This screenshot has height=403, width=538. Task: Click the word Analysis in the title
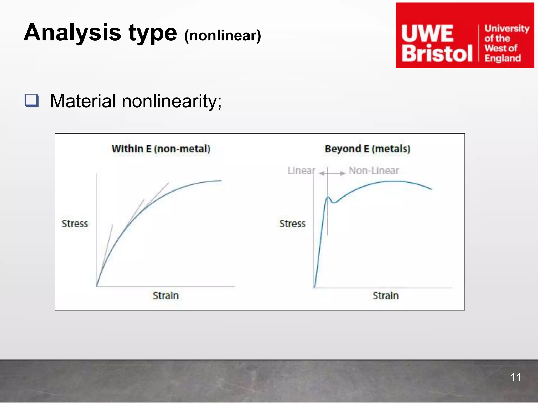[x=72, y=33]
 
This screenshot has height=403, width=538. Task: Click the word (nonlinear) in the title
[x=223, y=36]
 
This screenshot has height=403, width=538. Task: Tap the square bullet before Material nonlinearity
[x=32, y=100]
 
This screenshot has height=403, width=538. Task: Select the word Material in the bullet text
[x=83, y=101]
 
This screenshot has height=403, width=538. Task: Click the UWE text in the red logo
[x=427, y=34]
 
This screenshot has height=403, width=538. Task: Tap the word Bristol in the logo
[x=437, y=54]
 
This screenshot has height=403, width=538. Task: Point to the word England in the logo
[x=503, y=58]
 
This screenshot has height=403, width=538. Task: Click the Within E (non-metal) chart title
[x=161, y=149]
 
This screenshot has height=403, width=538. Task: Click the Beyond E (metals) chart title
[x=368, y=149]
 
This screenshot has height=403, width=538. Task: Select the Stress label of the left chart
[x=75, y=224]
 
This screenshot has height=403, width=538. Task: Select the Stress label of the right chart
[x=292, y=224]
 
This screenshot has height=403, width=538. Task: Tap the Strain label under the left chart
[x=166, y=296]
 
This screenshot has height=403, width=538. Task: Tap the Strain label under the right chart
[x=386, y=296]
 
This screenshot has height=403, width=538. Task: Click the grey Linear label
[x=301, y=171]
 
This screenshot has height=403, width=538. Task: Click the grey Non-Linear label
[x=374, y=171]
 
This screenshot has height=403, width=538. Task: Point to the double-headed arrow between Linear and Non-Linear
[x=332, y=173]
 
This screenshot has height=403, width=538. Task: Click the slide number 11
[x=515, y=378]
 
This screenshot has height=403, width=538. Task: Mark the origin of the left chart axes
[x=97, y=286]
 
